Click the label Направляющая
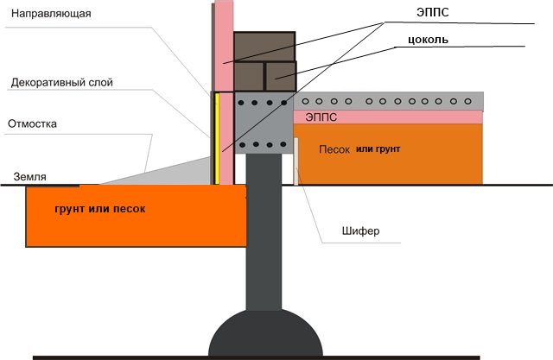(51, 14)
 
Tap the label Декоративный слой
(61, 82)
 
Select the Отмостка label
(32, 123)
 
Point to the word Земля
(29, 176)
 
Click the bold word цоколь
(429, 40)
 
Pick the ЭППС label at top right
(433, 12)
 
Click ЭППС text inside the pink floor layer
(321, 117)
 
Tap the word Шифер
(360, 231)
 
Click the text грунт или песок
(100, 209)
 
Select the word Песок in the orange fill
(334, 149)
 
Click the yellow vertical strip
(217, 138)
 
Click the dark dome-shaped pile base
(265, 334)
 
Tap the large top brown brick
(264, 47)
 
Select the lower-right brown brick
(281, 76)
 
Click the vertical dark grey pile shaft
(264, 231)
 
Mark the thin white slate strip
(296, 161)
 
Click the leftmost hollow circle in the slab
(305, 101)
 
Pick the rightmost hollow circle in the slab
(468, 101)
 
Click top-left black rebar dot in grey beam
(241, 103)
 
